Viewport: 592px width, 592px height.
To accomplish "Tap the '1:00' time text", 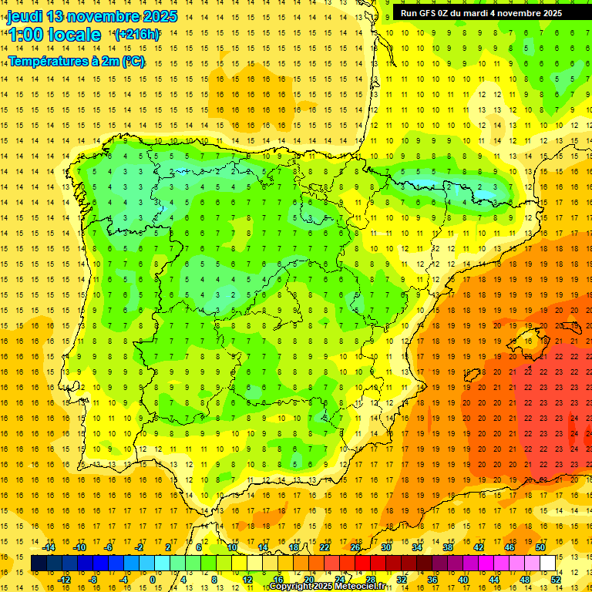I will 25,35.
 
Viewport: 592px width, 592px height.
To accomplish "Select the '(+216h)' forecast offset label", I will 136,34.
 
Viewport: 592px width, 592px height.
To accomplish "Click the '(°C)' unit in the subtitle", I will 132,61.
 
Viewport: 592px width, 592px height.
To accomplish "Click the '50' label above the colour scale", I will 540,547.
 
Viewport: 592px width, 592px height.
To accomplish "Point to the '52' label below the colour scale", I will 556,580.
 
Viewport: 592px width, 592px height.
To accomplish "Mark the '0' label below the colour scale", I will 153,580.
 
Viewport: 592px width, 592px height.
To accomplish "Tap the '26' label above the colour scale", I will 355,547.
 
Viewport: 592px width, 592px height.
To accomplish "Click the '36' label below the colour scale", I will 432,580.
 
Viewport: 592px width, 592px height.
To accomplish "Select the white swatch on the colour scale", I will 547,563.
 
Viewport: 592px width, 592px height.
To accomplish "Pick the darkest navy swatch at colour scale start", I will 39,563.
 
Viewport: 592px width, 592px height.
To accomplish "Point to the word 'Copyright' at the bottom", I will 288,587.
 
